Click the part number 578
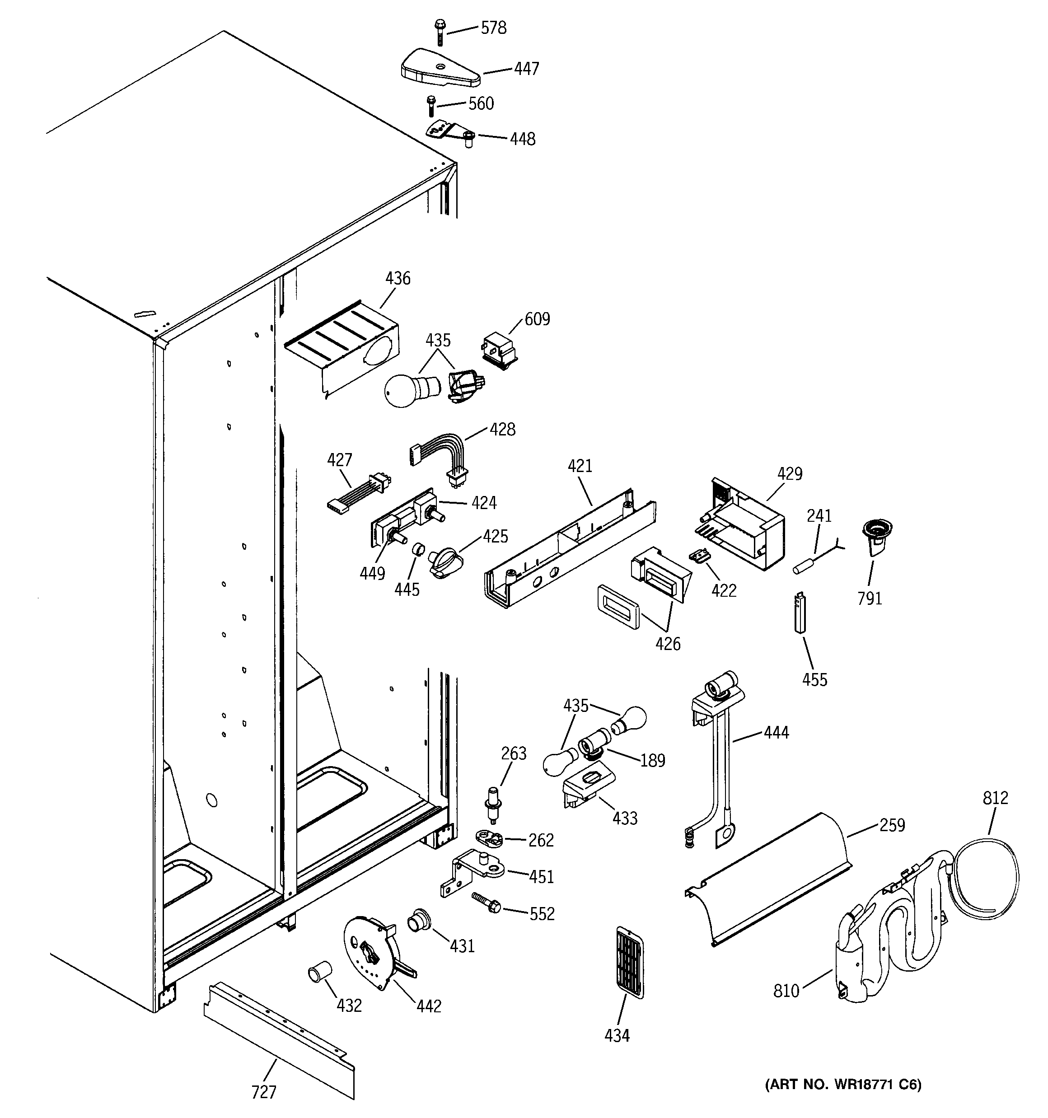click(493, 28)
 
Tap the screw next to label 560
click(431, 106)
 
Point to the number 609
click(537, 319)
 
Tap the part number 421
click(580, 466)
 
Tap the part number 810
click(786, 1006)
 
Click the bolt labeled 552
click(487, 904)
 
